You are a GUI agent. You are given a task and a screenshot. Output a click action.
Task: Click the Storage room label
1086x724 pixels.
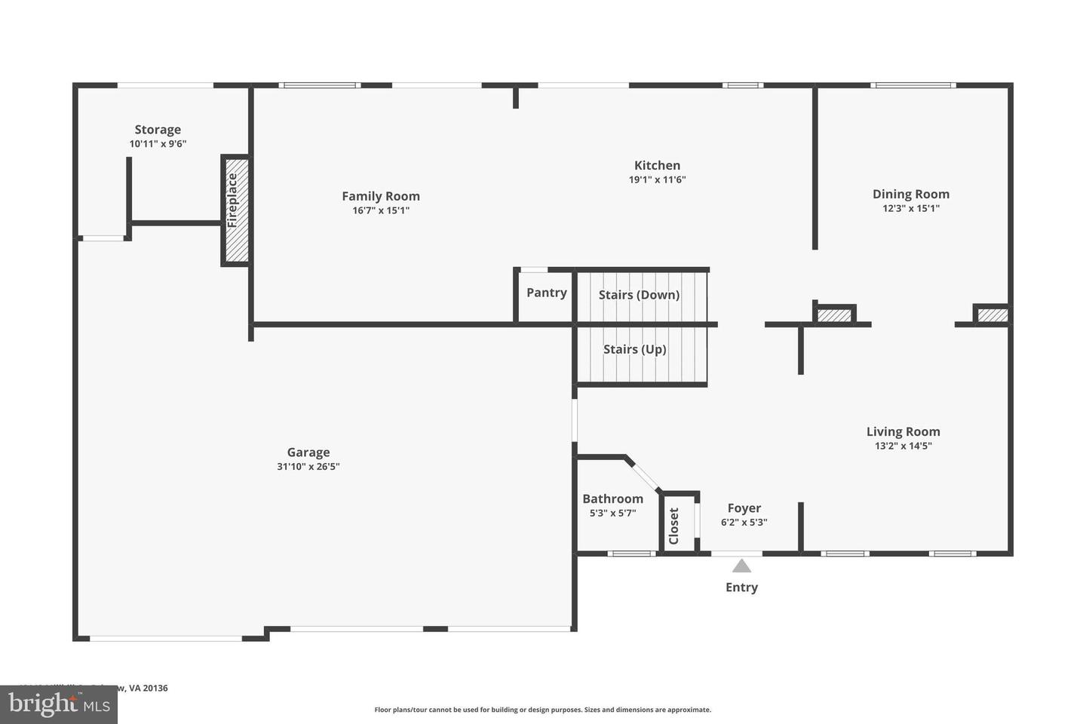click(x=158, y=130)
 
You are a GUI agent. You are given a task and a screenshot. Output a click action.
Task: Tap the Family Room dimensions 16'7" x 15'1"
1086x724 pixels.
click(x=381, y=210)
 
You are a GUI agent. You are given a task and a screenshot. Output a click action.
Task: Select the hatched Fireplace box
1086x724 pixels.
click(x=235, y=210)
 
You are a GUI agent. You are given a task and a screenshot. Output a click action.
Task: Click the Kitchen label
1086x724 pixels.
click(x=657, y=166)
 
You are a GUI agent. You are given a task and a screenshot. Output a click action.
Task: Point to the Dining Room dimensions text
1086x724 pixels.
click(x=911, y=209)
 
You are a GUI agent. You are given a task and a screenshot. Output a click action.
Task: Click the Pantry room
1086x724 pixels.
click(x=546, y=293)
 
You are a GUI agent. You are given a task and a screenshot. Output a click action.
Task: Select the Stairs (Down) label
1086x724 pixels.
click(x=639, y=295)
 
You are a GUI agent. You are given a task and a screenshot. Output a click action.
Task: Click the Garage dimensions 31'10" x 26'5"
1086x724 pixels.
click(x=308, y=467)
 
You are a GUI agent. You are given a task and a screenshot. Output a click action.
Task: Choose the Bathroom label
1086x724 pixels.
click(x=612, y=499)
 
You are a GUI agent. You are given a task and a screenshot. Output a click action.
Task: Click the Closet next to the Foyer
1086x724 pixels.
click(x=674, y=525)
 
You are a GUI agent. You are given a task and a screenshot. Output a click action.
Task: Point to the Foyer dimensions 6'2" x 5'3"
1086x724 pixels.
click(x=744, y=522)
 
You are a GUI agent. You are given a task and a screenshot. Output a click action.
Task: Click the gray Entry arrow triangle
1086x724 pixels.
click(x=741, y=566)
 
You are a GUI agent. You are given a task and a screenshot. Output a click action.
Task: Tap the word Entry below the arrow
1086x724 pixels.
click(x=741, y=587)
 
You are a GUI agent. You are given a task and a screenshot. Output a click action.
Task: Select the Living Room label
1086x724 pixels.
click(x=903, y=431)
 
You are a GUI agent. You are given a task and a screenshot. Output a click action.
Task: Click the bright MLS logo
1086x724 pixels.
click(x=58, y=704)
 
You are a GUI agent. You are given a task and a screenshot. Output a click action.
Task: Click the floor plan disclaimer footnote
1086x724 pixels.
click(x=542, y=710)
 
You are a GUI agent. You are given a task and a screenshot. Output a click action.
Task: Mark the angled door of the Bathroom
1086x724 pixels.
click(x=643, y=474)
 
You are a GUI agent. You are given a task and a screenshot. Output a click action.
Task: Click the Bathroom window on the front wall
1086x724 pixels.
click(x=630, y=554)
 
